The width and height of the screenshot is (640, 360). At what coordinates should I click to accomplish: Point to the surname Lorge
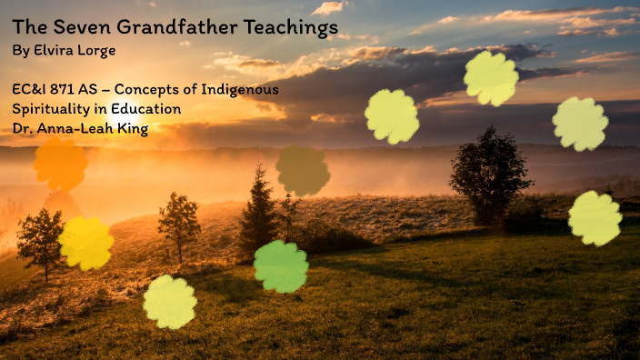coord(97,51)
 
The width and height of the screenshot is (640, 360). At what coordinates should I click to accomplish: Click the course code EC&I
coord(33,90)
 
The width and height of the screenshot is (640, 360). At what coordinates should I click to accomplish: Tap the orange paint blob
coord(60,165)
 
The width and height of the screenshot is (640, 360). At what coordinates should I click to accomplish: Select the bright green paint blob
coord(281,266)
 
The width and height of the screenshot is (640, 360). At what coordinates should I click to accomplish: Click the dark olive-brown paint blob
coord(303,170)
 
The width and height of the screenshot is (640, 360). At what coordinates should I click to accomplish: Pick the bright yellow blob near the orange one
coord(86,243)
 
